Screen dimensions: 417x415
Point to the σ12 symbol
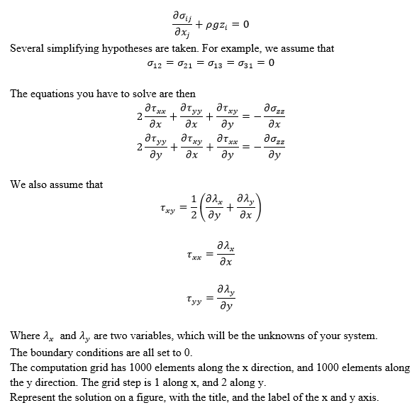coord(152,63)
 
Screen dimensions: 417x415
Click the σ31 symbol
coord(241,63)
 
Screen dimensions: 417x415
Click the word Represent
coord(33,397)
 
